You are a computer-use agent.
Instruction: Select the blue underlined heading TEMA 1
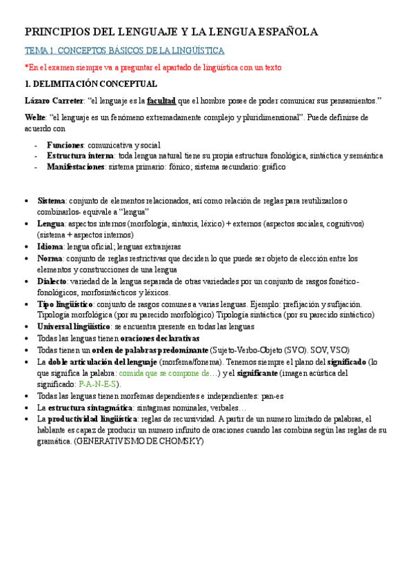124,51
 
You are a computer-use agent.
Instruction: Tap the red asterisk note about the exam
153,67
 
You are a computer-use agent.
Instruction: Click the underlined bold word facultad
161,100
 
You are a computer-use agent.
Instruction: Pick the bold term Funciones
65,146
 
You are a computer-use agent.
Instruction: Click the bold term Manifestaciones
77,166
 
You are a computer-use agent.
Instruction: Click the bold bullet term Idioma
50,246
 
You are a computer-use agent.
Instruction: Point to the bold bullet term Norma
50,258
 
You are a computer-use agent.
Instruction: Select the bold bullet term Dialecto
54,281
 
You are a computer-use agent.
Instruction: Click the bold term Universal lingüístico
74,326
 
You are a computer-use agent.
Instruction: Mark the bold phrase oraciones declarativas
159,338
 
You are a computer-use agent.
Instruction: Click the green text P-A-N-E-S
99,384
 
